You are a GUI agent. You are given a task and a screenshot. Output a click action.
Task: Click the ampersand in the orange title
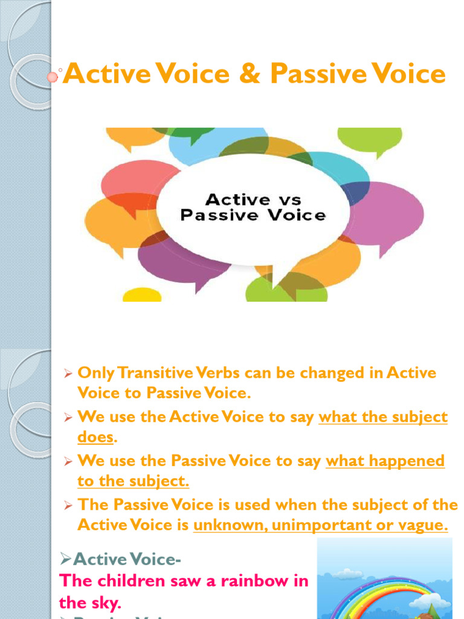coord(250,75)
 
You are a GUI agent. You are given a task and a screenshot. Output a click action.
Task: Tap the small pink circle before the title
coord(53,77)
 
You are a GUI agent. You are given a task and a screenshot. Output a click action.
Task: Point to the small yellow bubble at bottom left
coord(142,295)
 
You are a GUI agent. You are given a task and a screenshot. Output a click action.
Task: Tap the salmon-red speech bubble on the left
coord(130,182)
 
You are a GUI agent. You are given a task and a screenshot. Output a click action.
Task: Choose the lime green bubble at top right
coord(369,138)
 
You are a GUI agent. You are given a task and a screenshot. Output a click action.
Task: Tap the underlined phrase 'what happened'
coord(385,461)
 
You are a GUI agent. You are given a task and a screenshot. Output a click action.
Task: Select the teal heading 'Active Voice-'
coord(121,560)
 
